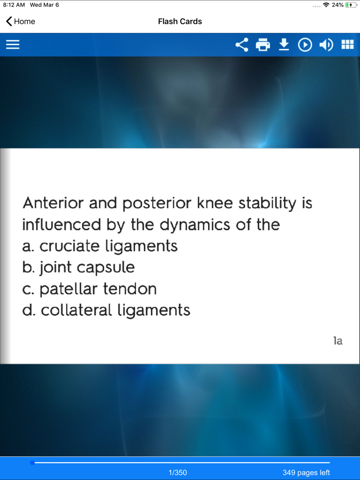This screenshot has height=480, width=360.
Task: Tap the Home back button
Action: click(x=21, y=22)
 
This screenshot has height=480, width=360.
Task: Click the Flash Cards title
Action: click(x=180, y=22)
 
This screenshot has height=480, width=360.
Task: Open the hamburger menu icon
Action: click(x=13, y=45)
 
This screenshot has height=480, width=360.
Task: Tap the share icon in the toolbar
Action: click(x=242, y=45)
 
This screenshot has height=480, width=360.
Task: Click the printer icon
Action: click(x=263, y=45)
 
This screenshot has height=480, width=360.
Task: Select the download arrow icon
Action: click(x=284, y=44)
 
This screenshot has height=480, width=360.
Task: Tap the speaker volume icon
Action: click(x=326, y=45)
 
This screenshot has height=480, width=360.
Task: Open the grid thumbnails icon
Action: click(x=347, y=45)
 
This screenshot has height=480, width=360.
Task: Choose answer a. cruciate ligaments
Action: click(x=100, y=246)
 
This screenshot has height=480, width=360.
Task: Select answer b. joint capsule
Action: click(x=78, y=267)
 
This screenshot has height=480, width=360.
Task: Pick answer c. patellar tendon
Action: click(x=89, y=289)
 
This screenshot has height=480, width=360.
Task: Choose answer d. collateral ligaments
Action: click(x=106, y=310)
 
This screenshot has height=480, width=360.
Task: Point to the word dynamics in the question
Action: click(x=195, y=225)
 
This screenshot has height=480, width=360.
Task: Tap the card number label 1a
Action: click(x=338, y=341)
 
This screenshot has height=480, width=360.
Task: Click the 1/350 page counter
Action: click(x=178, y=472)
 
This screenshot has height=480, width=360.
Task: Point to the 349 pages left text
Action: click(x=306, y=472)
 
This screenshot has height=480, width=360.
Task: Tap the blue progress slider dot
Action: click(x=32, y=462)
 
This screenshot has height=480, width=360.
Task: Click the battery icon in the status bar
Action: click(x=351, y=5)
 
